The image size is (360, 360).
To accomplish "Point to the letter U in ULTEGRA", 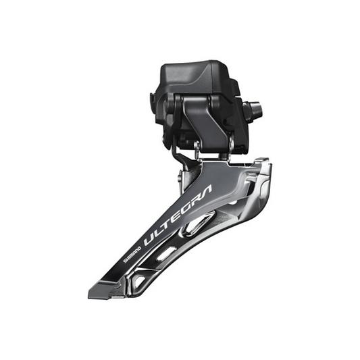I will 149,236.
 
